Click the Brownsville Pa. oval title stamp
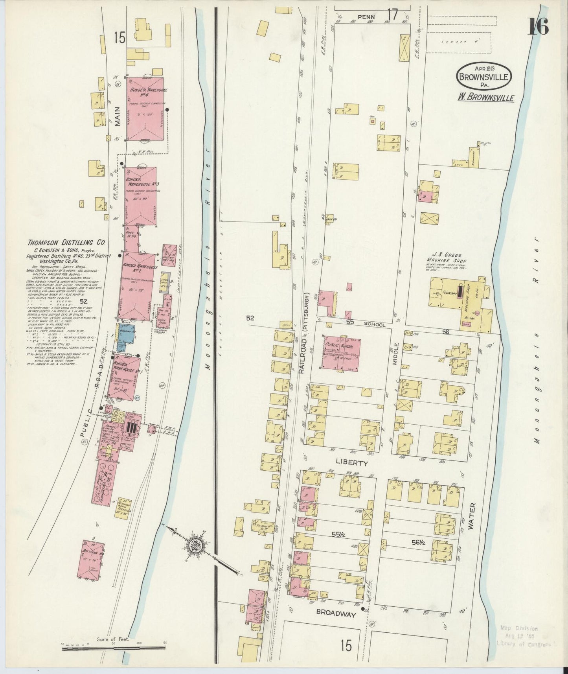[x=484, y=74]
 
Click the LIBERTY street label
[x=352, y=463]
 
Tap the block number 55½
[x=336, y=534]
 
